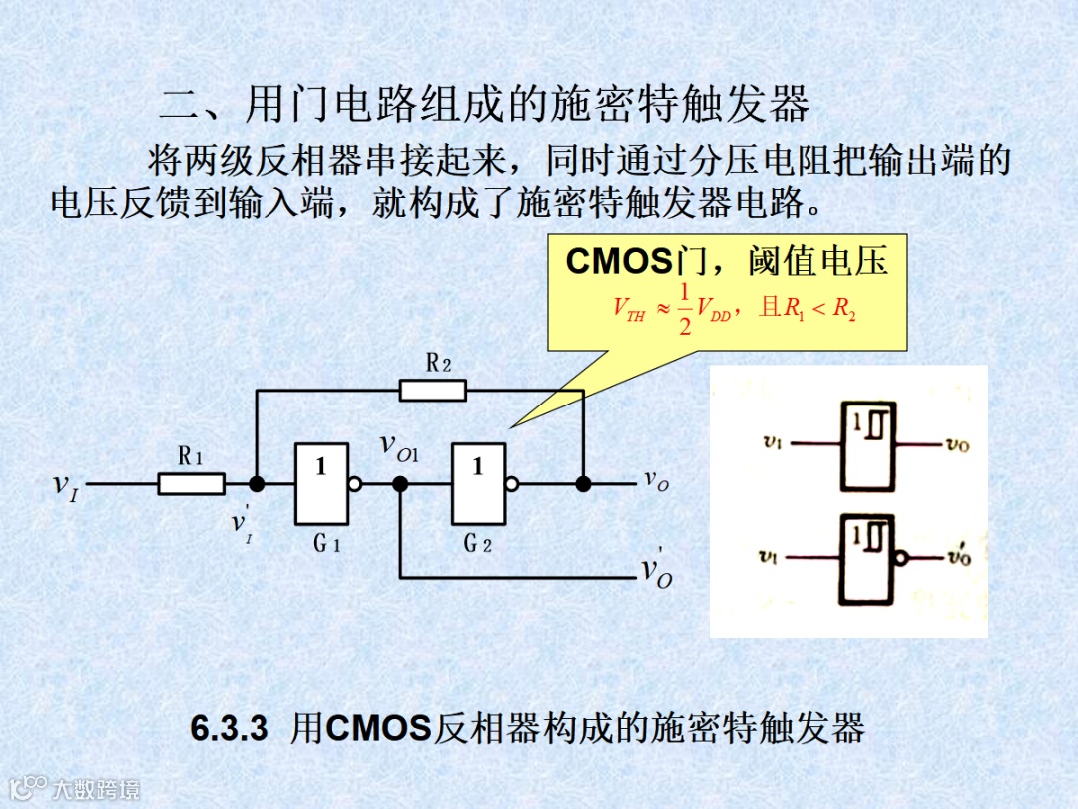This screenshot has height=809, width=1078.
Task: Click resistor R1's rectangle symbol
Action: (x=191, y=484)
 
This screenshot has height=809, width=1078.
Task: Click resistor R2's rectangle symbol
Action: (x=432, y=390)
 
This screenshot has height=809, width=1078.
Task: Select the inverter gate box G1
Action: (x=321, y=484)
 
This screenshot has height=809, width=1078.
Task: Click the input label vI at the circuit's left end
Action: (x=65, y=485)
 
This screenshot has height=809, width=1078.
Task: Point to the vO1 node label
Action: (x=400, y=446)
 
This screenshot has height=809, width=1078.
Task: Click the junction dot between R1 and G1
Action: (x=257, y=484)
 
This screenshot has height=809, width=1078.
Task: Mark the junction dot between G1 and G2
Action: (x=400, y=484)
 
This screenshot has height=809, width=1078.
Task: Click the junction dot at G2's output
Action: (x=583, y=484)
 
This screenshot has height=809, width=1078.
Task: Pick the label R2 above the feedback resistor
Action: (x=438, y=363)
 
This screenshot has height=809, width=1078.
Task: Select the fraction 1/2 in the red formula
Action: (x=684, y=308)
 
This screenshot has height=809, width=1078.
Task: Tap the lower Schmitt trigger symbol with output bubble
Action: (x=867, y=556)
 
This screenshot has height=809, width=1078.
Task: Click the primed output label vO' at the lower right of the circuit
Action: (x=657, y=570)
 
